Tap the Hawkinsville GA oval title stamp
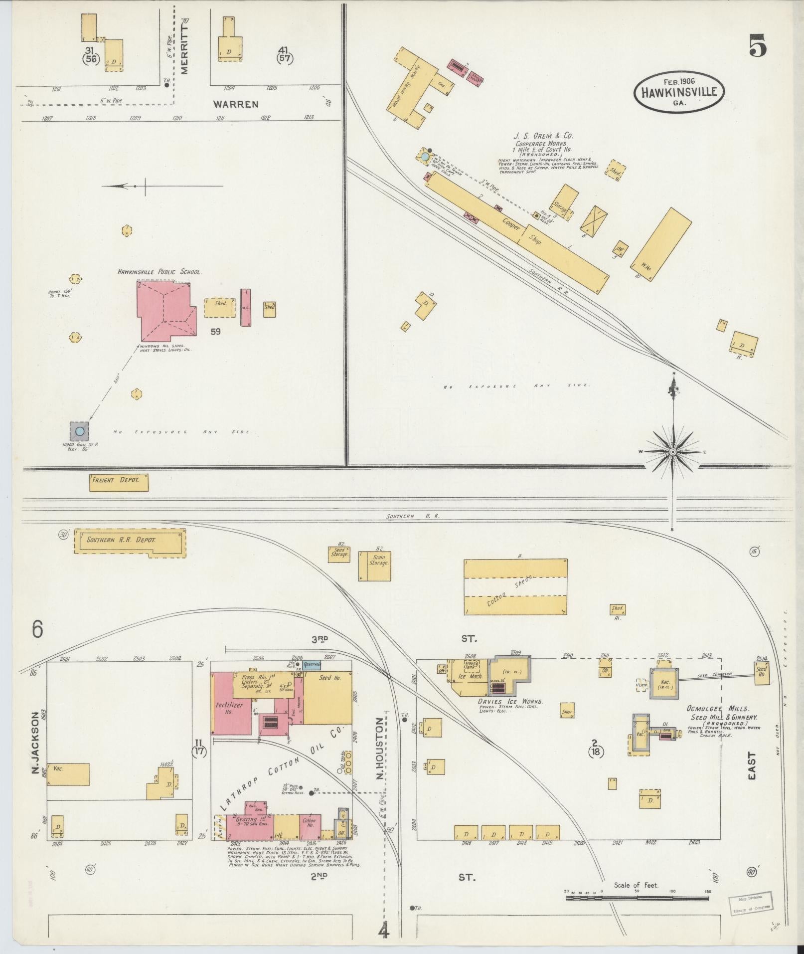679,92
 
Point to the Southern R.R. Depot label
121,540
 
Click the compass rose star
672,452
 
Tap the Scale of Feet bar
637,898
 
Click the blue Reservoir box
313,665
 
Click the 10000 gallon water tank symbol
80,430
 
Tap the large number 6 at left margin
38,629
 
